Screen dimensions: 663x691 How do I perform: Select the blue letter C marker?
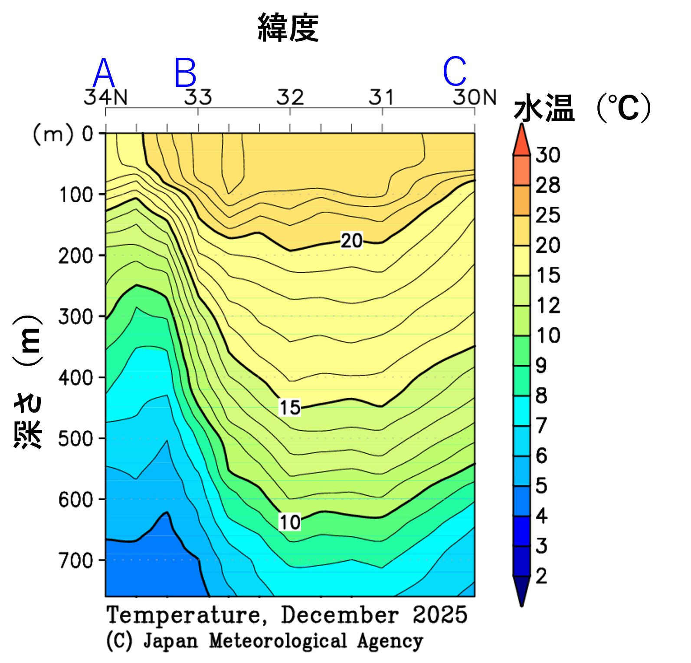click(455, 72)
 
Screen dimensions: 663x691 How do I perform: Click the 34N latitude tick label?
click(106, 97)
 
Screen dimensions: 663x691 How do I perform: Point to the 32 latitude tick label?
click(290, 97)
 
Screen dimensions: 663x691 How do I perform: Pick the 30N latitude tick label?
click(475, 97)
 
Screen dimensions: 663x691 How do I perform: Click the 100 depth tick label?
click(76, 195)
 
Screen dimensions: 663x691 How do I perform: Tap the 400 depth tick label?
click(76, 378)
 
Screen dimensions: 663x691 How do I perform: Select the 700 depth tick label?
click(76, 561)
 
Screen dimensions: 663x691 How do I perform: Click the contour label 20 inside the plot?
click(351, 241)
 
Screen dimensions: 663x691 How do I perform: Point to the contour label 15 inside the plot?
click(289, 407)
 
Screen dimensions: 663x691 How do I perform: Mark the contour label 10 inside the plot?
click(289, 522)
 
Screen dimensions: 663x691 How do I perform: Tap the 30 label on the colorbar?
click(548, 155)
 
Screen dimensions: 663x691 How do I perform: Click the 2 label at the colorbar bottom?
click(541, 576)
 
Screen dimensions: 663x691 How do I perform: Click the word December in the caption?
click(340, 615)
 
